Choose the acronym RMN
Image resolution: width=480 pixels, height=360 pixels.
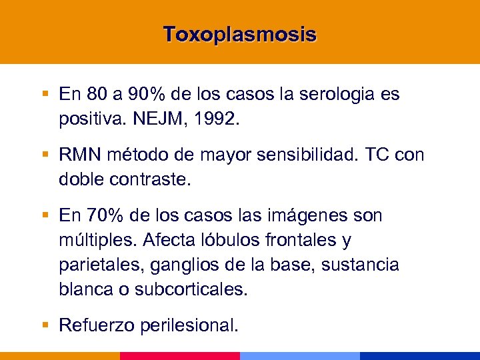click(79, 155)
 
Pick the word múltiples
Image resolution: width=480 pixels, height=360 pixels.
click(91, 239)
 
